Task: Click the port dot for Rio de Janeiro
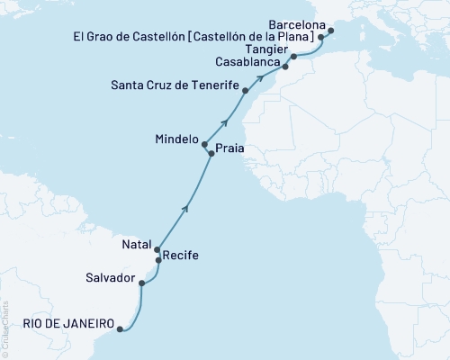click(120, 329)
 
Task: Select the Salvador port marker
click(142, 283)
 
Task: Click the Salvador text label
click(111, 277)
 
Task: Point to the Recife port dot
click(159, 260)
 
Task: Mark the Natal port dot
click(157, 249)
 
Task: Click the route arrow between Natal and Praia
click(186, 208)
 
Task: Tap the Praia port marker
click(211, 155)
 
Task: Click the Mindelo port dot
click(204, 144)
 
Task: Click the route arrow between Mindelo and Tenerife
click(225, 119)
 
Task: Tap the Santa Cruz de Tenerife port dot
click(247, 87)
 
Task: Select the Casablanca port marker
click(285, 67)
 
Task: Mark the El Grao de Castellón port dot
click(321, 39)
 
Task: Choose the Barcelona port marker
click(331, 31)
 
